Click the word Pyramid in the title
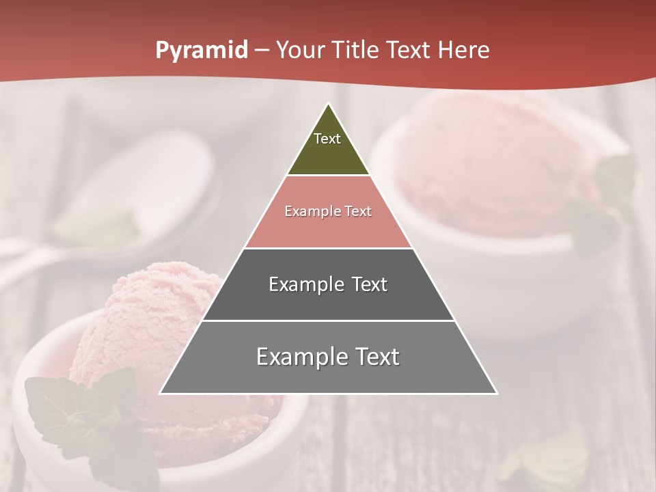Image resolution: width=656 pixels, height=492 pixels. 201,51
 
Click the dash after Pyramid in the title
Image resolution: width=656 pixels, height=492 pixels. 262,51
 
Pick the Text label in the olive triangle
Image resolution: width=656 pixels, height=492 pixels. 327,139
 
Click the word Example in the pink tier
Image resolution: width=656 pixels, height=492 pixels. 312,212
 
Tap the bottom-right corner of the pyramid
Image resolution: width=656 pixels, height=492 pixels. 496,393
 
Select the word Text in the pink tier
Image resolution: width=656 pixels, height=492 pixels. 357,212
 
